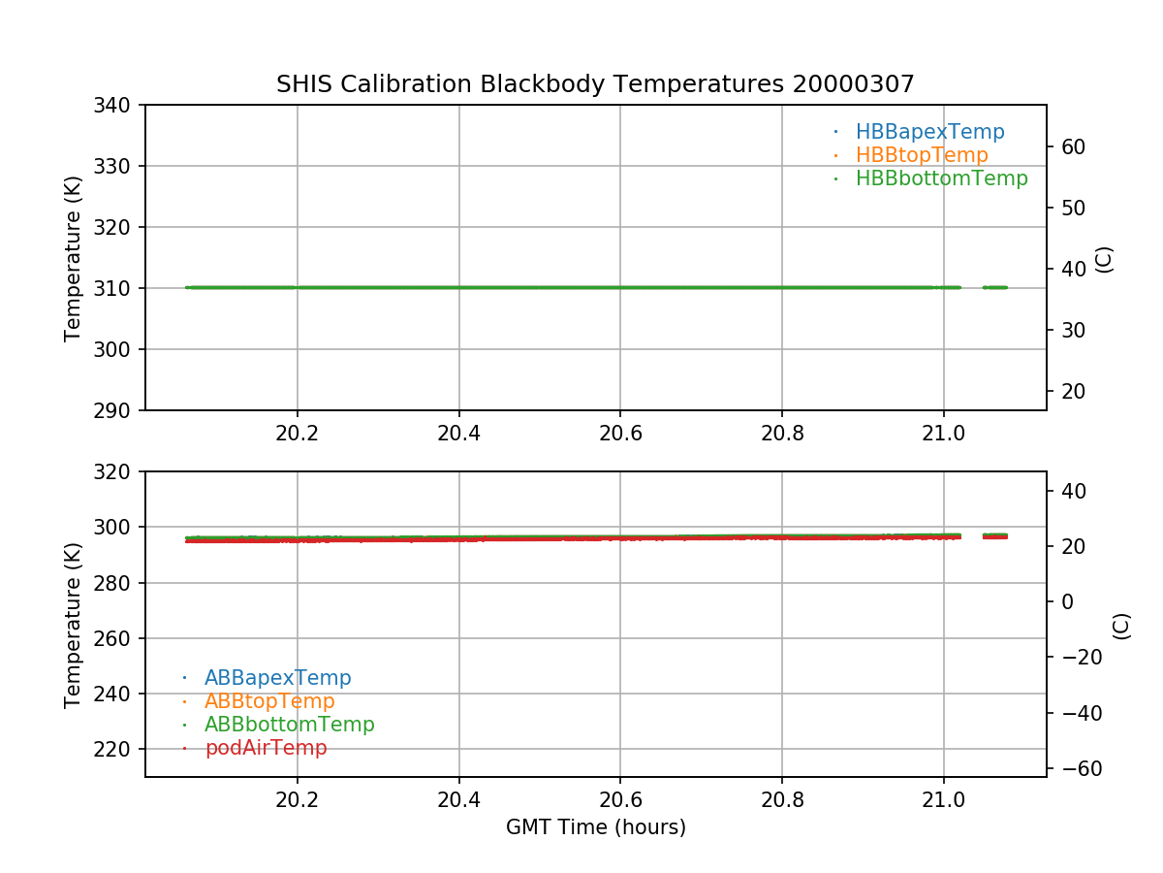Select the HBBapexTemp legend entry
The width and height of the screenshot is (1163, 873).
(x=929, y=132)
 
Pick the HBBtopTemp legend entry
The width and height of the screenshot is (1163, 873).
(x=921, y=155)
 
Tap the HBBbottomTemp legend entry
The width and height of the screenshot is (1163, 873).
(x=941, y=178)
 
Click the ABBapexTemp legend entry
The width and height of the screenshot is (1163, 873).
(x=277, y=678)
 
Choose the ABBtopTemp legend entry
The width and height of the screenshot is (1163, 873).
(x=269, y=701)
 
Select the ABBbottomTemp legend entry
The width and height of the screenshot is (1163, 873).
(x=289, y=725)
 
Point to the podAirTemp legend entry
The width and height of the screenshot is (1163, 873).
(x=266, y=748)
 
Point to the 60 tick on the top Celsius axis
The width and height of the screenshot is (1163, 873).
(x=1072, y=147)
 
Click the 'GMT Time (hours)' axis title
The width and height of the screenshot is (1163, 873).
(x=596, y=827)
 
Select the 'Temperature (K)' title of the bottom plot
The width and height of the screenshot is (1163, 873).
(x=74, y=624)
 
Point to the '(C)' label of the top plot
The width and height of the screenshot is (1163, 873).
(x=1103, y=259)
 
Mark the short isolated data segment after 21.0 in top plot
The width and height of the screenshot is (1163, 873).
(x=995, y=287)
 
